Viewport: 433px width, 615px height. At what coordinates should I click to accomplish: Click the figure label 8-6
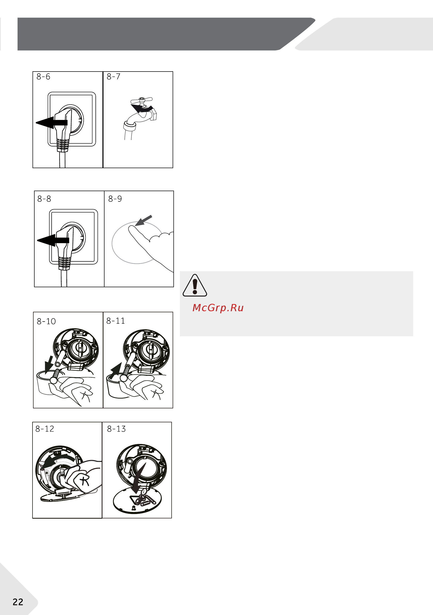coord(43,77)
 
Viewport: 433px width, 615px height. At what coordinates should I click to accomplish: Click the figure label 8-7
coord(114,77)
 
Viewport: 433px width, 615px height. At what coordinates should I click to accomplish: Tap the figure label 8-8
coord(44,199)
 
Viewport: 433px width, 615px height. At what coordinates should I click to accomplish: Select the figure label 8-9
coord(115,199)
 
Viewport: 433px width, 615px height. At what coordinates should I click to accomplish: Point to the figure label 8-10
coord(46,321)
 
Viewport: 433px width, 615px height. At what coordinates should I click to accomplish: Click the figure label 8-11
coord(116,321)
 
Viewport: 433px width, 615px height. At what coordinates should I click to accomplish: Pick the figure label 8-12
coord(45,429)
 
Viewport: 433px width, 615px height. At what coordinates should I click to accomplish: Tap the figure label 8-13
coord(116,429)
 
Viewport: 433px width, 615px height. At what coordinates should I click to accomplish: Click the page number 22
coord(18,602)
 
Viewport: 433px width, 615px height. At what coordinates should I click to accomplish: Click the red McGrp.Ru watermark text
coord(218,308)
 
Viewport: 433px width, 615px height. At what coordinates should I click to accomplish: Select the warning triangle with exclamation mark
coord(195,285)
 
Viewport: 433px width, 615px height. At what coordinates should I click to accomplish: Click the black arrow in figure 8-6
coord(51,123)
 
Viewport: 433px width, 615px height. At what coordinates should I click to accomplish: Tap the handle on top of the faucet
coord(142,100)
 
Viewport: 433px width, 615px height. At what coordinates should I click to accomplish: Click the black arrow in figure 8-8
coord(53,240)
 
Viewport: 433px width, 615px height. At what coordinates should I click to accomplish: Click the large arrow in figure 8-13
coord(139,478)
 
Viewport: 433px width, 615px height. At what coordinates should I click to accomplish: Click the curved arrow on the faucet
coord(142,108)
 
